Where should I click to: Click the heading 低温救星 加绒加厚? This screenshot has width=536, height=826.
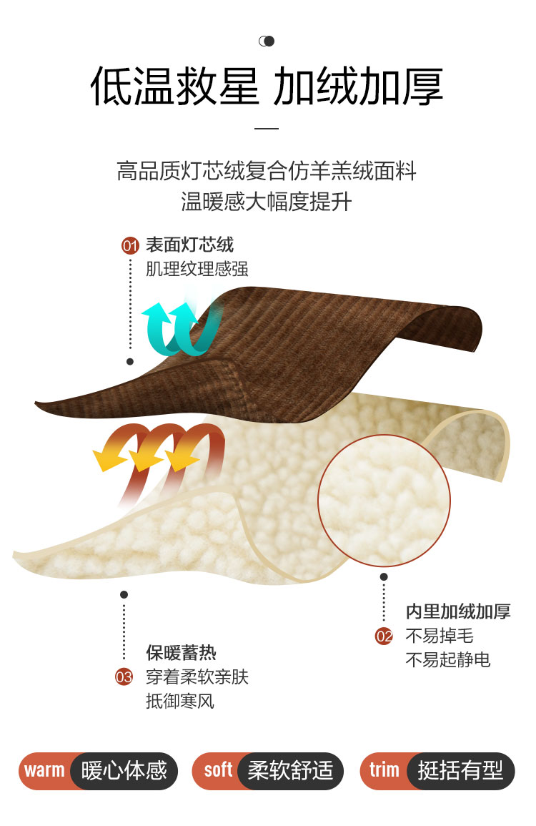tap(267, 88)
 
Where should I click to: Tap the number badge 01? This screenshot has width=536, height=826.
tap(130, 247)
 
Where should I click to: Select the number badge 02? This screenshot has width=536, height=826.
tap(384, 636)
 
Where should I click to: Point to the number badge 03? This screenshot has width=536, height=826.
tap(124, 677)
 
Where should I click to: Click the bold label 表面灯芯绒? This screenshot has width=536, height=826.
tap(189, 245)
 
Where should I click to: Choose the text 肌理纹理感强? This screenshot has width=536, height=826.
tap(197, 269)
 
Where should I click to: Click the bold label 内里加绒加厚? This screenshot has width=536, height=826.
tap(458, 611)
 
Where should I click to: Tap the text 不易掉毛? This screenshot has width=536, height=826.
tap(440, 636)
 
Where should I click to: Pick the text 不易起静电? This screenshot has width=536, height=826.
tap(448, 659)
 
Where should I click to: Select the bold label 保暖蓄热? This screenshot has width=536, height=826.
tap(181, 652)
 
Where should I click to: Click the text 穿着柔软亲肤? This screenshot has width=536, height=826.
tap(197, 677)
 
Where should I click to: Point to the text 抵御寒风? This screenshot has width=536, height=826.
tap(180, 701)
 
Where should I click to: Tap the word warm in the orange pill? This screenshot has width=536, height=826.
tap(44, 770)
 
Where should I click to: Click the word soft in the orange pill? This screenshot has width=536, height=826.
tap(218, 770)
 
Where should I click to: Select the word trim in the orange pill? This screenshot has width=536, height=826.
tap(384, 770)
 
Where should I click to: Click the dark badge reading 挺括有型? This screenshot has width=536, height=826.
tap(460, 771)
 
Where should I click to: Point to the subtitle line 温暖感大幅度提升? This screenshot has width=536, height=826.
tap(267, 202)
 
